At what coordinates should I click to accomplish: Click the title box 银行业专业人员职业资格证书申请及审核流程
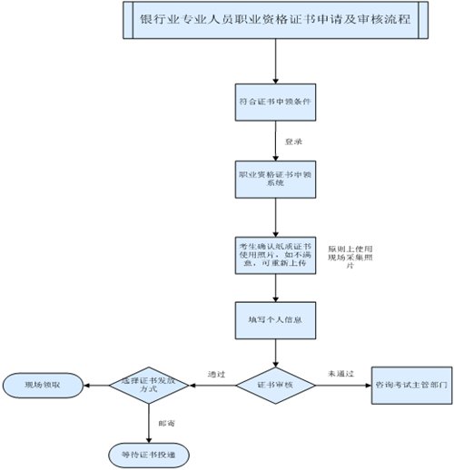[x=273, y=21]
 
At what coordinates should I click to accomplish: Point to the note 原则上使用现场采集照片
[x=350, y=258]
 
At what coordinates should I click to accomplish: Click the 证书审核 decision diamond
[x=275, y=385]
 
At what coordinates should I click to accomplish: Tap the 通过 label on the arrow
[x=215, y=373]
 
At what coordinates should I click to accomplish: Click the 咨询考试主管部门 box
[x=412, y=385]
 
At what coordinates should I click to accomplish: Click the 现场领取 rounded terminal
[x=43, y=385]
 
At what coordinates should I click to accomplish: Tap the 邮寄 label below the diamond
[x=166, y=422]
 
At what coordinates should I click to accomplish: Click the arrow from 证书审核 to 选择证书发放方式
[x=211, y=385]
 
